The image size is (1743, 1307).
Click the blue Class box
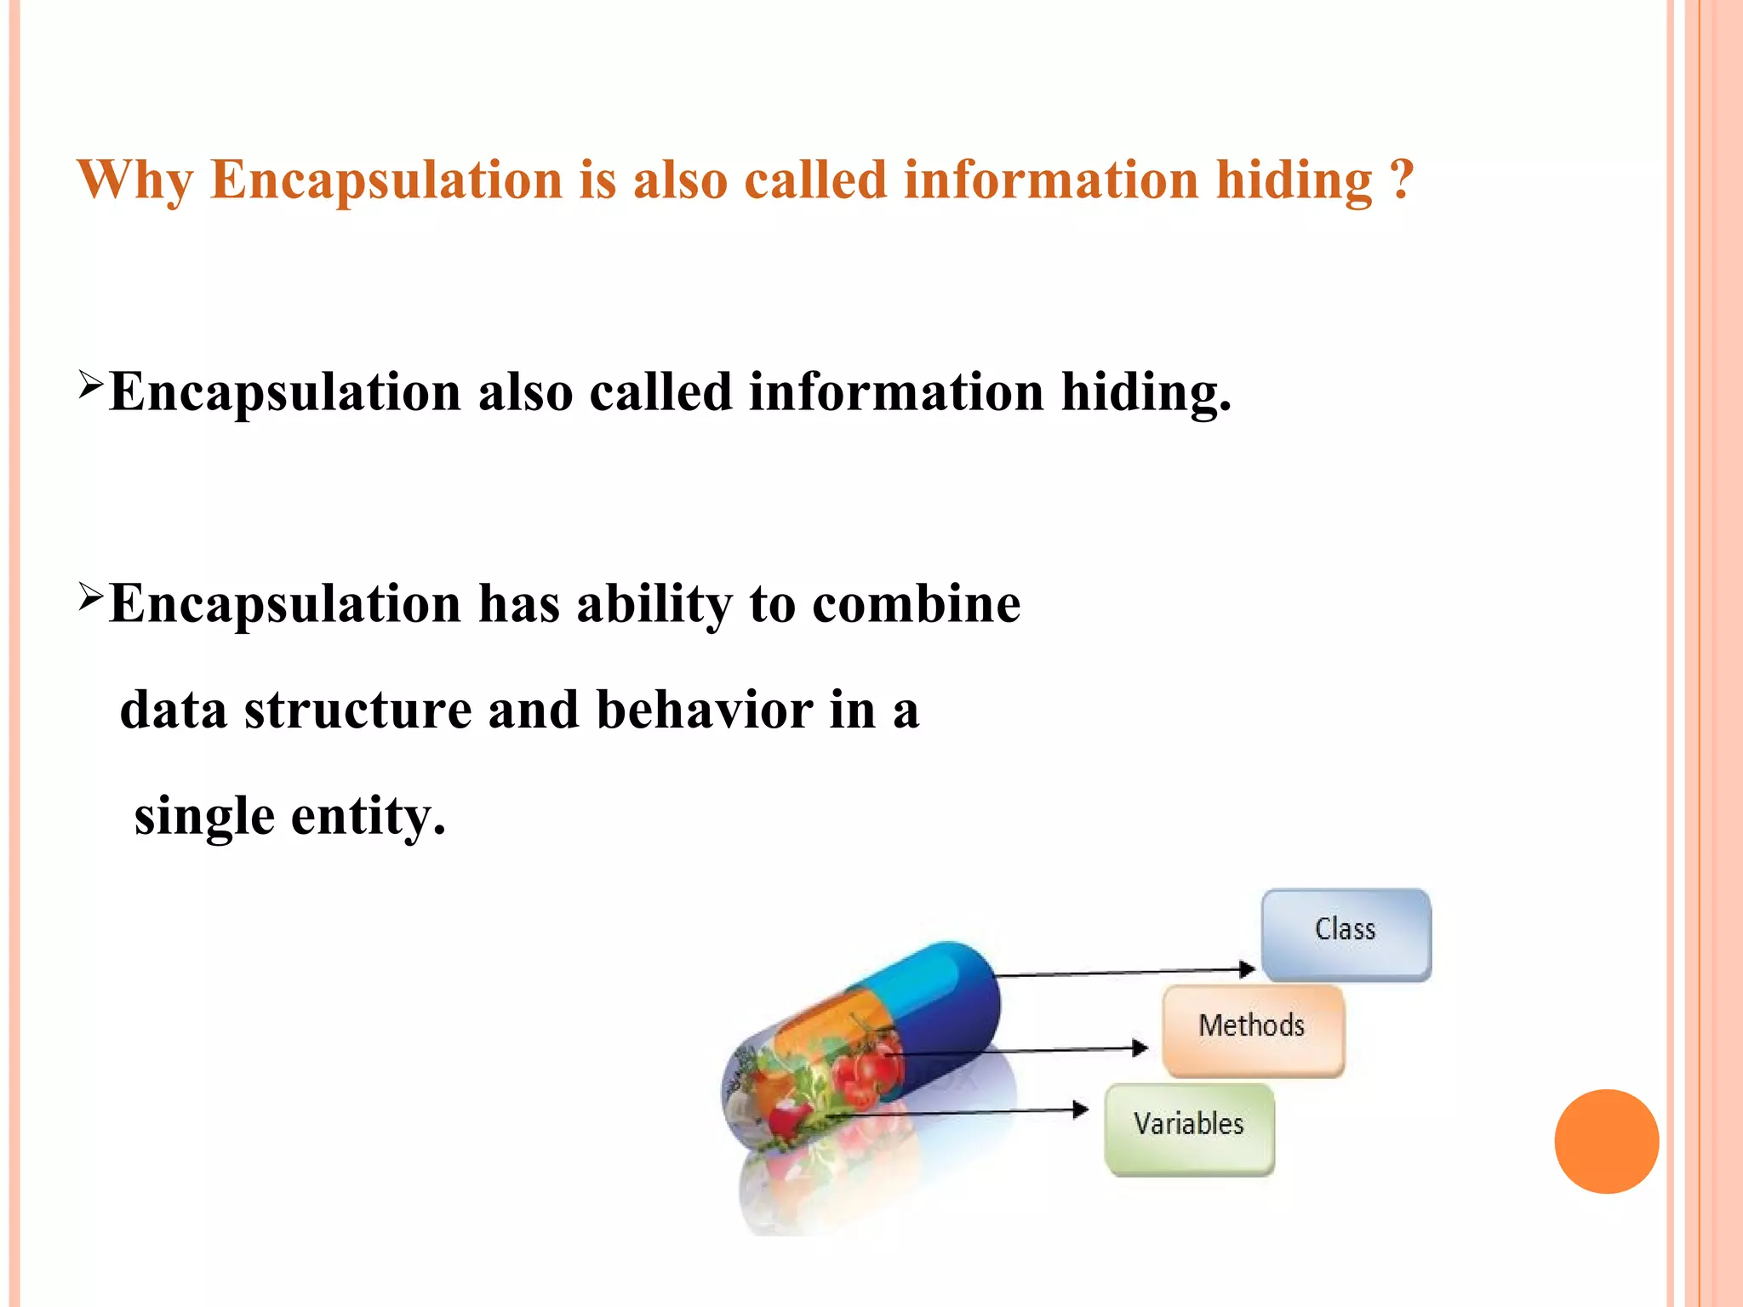coord(1346,933)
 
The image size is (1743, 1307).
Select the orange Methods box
coord(1253,1030)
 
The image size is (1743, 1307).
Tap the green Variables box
coord(1189,1128)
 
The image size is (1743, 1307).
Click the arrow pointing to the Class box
coord(1123,971)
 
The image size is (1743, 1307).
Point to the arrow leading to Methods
coord(1021,1051)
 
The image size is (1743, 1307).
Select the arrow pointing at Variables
coord(962,1110)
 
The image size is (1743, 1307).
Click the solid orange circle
coord(1606,1141)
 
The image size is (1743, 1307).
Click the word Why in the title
coord(134,180)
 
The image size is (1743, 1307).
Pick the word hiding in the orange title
coord(1294,180)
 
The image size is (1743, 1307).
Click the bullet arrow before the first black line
coord(90,384)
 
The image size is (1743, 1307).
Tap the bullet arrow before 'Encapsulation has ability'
coord(90,596)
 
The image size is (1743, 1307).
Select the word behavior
coord(704,710)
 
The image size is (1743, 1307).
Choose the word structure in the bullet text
coord(357,710)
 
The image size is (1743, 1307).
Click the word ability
coord(654,604)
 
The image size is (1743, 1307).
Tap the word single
coord(204,817)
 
